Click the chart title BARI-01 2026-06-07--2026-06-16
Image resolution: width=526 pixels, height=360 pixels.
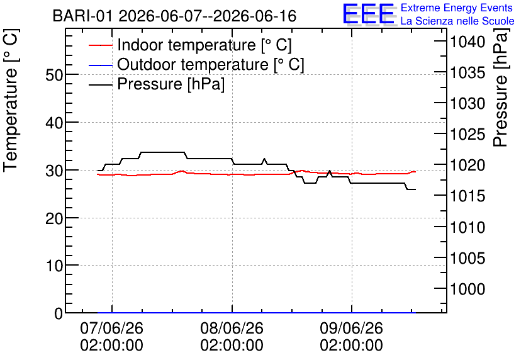[174, 16]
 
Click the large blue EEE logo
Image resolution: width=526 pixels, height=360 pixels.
[368, 14]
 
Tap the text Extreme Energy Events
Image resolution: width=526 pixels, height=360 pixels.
[457, 8]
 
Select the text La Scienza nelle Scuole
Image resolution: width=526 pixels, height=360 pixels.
[457, 21]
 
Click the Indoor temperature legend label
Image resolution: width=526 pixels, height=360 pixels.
[204, 45]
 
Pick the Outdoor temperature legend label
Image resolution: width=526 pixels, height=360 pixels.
[211, 64]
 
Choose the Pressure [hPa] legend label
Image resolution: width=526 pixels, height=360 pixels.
[171, 84]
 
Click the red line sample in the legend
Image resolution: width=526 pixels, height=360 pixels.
[100, 45]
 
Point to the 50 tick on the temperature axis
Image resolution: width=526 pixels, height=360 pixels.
[54, 75]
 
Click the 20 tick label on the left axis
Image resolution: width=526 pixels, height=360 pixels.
[54, 218]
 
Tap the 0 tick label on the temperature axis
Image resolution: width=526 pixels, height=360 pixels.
[59, 313]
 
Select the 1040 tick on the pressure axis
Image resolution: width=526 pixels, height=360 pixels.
[467, 42]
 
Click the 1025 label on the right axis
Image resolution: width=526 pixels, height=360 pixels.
[467, 134]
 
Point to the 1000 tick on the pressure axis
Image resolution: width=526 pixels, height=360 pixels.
[467, 289]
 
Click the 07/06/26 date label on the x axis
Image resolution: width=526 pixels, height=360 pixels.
[112, 328]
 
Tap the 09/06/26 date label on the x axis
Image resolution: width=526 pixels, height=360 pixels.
[351, 328]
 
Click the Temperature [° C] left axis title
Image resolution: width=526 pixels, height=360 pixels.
[11, 101]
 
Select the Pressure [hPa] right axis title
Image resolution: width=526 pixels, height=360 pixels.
[500, 87]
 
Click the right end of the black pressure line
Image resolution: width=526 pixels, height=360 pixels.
[416, 189]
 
